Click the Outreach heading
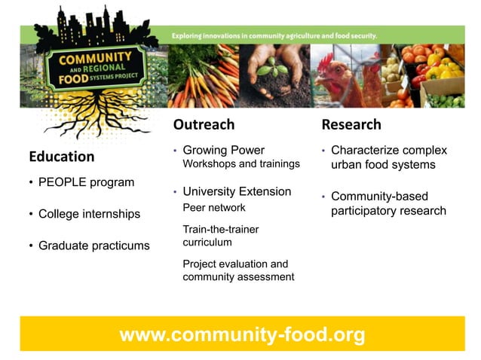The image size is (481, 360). click(x=204, y=124)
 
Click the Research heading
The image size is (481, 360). click(x=351, y=124)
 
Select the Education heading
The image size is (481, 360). click(x=62, y=157)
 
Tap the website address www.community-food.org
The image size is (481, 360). click(x=242, y=334)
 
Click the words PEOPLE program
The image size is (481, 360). click(x=86, y=182)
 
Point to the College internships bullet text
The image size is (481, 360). click(x=89, y=214)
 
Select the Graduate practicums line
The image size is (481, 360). click(x=93, y=246)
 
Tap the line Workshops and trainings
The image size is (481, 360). click(x=241, y=163)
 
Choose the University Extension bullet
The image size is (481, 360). click(x=237, y=191)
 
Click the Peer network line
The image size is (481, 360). click(x=214, y=207)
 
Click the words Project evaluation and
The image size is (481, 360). click(x=235, y=264)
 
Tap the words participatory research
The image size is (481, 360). click(x=388, y=211)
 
